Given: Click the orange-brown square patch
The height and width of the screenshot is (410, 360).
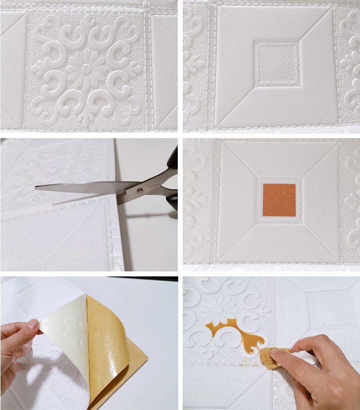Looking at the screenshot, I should pyautogui.click(x=279, y=200).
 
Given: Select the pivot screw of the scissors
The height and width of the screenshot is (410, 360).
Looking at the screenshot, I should pyautogui.click(x=140, y=191).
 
